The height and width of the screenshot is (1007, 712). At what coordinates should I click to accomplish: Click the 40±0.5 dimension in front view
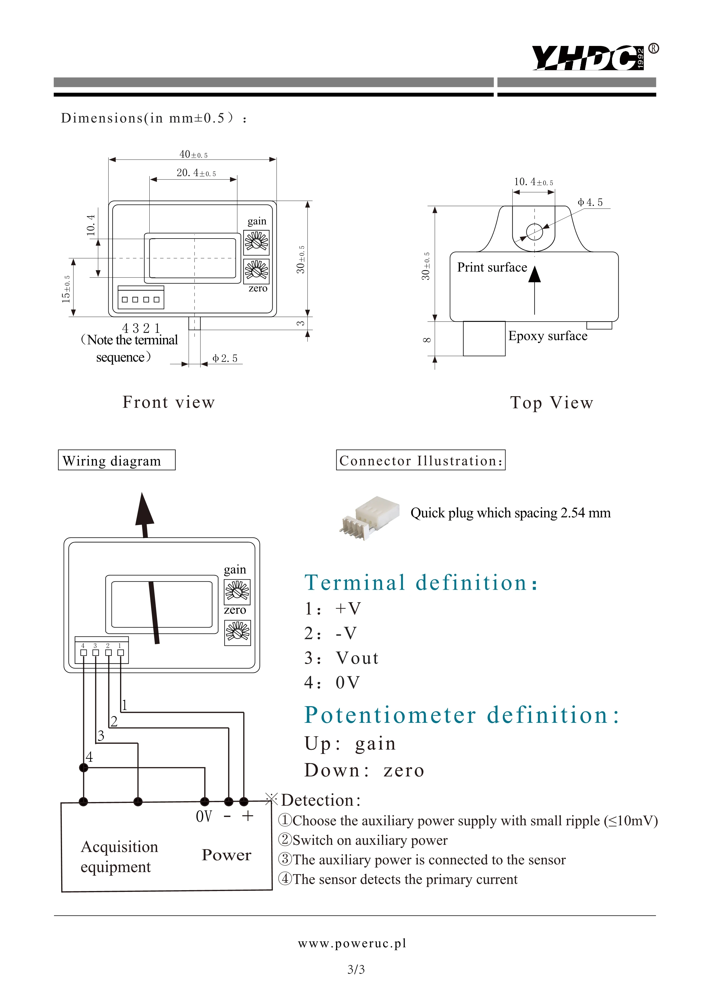click(193, 154)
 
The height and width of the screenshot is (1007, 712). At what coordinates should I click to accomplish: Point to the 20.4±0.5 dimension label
click(196, 173)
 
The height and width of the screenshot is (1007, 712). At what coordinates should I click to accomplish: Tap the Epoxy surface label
click(547, 336)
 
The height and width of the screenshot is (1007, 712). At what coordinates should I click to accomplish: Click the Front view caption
click(169, 402)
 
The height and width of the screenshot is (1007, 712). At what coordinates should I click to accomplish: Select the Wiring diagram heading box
click(117, 460)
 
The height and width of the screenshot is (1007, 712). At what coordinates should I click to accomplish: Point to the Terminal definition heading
click(421, 582)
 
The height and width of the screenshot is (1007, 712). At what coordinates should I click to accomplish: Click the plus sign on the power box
click(248, 816)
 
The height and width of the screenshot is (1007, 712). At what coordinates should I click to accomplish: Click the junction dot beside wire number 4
click(83, 768)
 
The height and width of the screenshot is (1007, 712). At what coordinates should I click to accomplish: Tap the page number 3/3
click(356, 969)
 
